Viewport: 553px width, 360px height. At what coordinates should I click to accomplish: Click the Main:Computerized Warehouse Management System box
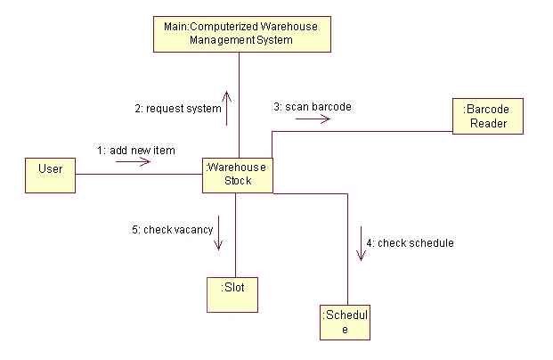(x=240, y=33)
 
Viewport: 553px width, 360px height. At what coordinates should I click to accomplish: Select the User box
(x=51, y=175)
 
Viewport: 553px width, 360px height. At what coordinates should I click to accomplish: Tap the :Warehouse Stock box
(x=237, y=174)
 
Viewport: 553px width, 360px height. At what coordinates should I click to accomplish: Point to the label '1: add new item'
(x=136, y=151)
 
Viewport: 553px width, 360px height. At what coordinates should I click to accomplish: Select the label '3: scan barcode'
(x=312, y=107)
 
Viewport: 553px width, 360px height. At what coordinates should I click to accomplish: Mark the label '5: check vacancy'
(x=173, y=229)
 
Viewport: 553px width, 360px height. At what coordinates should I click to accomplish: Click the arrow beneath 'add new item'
(x=139, y=163)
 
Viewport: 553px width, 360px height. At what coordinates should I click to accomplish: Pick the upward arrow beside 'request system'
(x=227, y=108)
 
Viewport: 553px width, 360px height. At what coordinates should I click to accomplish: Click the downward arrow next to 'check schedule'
(x=361, y=243)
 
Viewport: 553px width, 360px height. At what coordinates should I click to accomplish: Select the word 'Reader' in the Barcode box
(x=489, y=123)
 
